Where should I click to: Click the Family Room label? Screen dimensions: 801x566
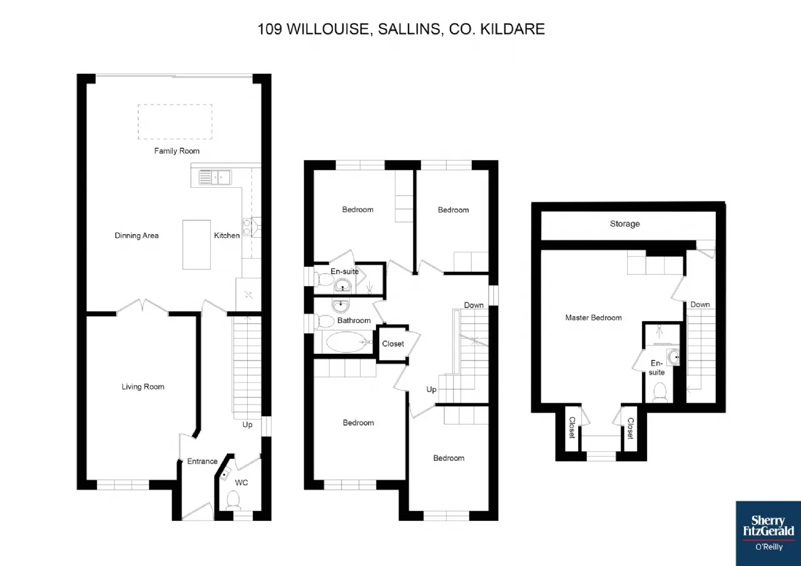pos(176,151)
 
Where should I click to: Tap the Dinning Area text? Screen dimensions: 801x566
pos(136,235)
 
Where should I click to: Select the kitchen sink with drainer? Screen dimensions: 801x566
pos(215,177)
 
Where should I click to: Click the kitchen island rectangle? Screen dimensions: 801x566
pos(196,245)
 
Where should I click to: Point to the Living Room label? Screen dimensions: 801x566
pos(143,387)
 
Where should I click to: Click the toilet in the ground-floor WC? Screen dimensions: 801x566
pos(233,500)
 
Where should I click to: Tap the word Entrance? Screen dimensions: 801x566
pos(202,461)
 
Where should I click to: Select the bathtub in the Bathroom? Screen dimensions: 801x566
pos(346,342)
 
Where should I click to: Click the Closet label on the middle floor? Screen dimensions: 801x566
pos(393,344)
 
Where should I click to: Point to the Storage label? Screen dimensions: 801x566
pos(625,224)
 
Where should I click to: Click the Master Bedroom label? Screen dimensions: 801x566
pos(593,317)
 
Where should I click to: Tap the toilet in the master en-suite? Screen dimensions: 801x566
pos(660,393)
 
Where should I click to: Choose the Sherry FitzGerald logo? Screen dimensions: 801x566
pos(768,533)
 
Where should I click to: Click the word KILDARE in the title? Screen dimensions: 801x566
pos(512,29)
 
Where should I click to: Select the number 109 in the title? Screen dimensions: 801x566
pos(270,29)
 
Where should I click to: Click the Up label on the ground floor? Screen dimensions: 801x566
pos(247,424)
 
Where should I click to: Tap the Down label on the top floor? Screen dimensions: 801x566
pos(700,304)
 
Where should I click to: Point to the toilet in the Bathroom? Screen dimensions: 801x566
pos(324,321)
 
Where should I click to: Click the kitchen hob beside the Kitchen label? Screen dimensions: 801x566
pos(247,227)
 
